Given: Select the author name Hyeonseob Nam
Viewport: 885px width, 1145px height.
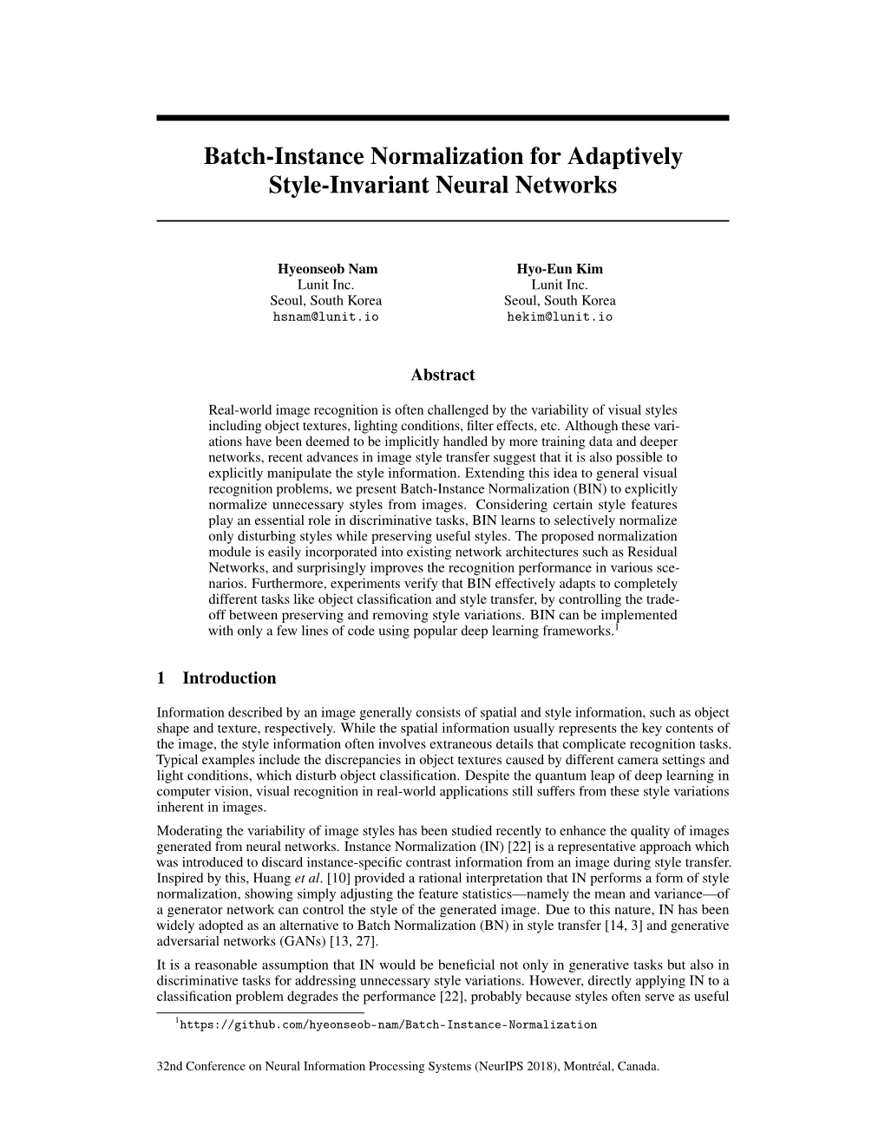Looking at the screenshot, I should point(326,269).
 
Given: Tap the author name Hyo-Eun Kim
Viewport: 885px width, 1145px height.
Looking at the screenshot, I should point(560,269).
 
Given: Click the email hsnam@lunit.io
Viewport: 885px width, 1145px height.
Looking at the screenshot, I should point(326,317).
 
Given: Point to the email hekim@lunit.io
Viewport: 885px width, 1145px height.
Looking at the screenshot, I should point(560,317).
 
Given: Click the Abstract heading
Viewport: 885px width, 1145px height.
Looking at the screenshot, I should point(442,375).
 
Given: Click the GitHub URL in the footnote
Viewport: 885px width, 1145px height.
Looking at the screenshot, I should point(390,1024).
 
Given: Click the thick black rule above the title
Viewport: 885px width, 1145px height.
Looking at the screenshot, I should point(442,118).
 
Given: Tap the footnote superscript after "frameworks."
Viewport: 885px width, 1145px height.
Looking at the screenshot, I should point(616,626).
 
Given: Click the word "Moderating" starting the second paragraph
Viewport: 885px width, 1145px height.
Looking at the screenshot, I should point(188,831).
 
